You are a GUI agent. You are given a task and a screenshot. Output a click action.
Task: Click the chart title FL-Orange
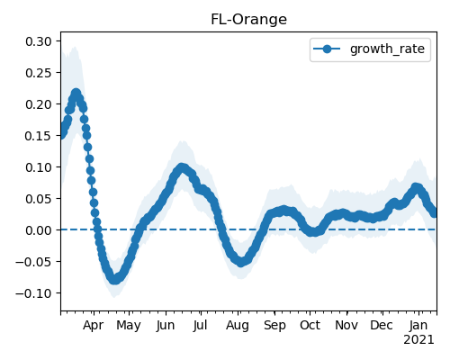click(248, 20)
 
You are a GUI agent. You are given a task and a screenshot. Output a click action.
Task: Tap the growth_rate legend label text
click(387, 49)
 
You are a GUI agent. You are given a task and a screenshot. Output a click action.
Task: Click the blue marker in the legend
click(327, 49)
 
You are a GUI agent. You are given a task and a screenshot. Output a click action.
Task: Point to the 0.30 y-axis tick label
click(39, 41)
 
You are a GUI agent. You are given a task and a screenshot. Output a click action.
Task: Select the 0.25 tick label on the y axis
click(39, 73)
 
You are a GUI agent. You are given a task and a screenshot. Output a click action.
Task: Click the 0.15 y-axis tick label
click(39, 136)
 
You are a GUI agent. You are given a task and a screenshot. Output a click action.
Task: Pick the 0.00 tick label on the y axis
click(39, 230)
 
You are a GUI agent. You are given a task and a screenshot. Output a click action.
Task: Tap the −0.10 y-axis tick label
click(33, 293)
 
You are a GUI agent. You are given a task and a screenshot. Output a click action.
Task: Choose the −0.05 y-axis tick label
click(33, 262)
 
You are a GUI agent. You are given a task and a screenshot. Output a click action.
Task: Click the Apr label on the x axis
click(94, 326)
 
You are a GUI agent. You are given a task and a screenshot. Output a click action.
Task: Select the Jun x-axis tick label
click(166, 326)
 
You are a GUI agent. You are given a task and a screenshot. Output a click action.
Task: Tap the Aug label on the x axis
click(238, 326)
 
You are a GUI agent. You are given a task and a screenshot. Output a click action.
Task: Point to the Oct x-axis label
click(310, 326)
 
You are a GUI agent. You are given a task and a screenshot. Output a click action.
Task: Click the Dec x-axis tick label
click(382, 326)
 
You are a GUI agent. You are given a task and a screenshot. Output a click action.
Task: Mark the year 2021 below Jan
click(418, 340)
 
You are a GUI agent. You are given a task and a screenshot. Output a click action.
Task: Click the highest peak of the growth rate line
click(76, 94)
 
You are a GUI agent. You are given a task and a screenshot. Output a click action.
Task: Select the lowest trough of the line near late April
click(114, 280)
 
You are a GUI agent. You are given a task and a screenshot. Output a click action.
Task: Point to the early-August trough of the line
click(241, 262)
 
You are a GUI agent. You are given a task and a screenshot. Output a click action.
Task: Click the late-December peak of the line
click(416, 188)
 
